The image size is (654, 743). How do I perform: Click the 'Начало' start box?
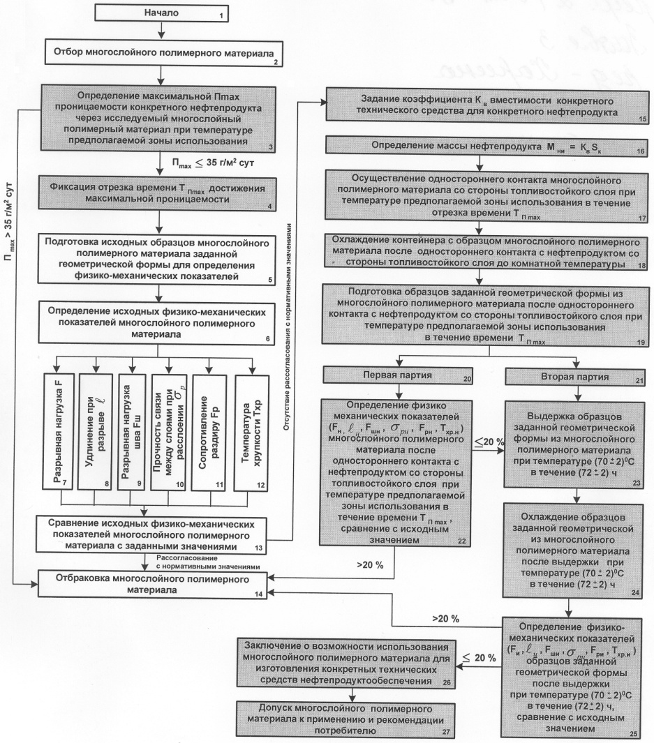(161, 13)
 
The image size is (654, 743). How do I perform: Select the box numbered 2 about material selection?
(161, 53)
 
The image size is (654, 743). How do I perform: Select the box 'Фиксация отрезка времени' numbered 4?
(161, 192)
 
